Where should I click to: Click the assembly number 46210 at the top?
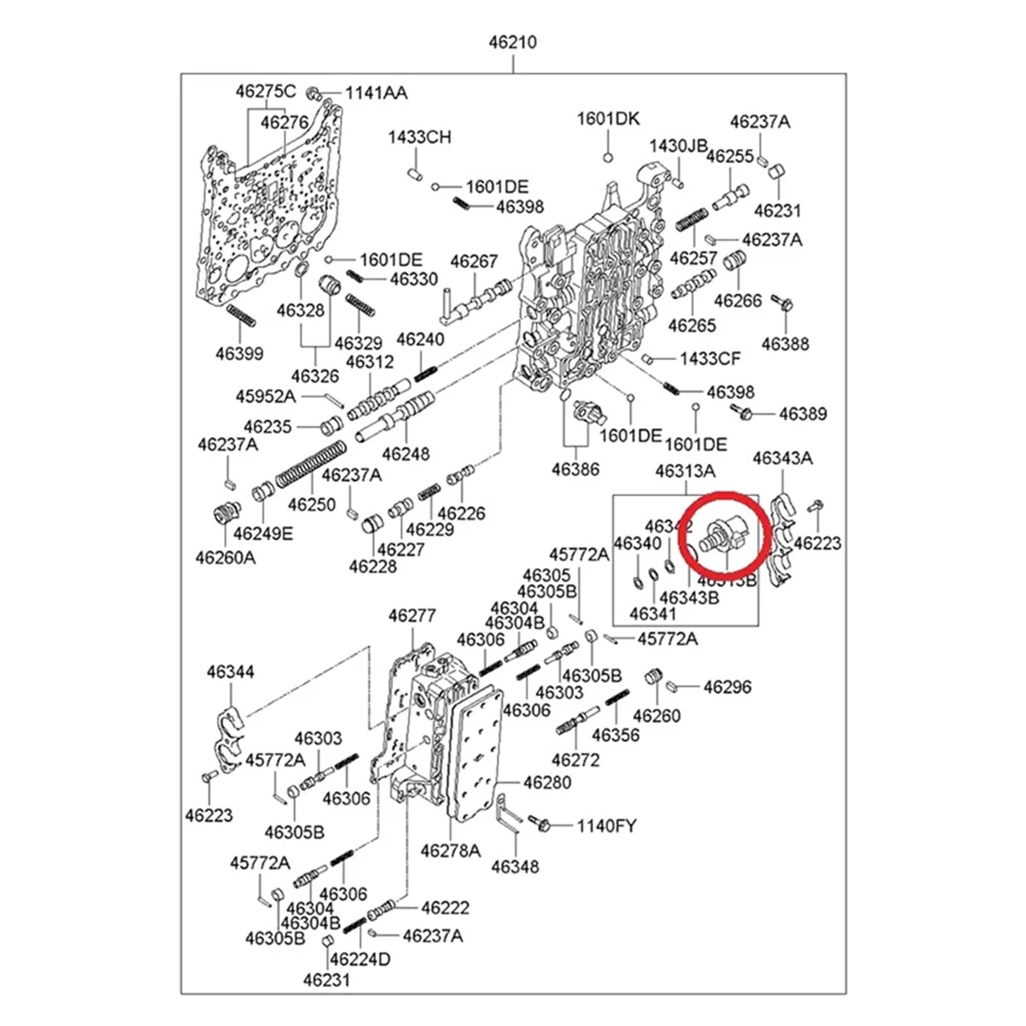[513, 41]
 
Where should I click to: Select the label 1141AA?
[376, 93]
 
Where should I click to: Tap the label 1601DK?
[608, 119]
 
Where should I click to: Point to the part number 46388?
[785, 344]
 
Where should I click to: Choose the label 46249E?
[263, 534]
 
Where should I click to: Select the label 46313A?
[685, 471]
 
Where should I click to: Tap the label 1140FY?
[606, 826]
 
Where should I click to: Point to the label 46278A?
[451, 851]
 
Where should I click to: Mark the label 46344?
[230, 673]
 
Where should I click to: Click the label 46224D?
[360, 958]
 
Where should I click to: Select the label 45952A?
[266, 396]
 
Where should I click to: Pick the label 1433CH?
[419, 137]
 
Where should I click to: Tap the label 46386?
[575, 469]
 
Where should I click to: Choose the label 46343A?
[782, 458]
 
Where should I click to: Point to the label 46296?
[727, 687]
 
